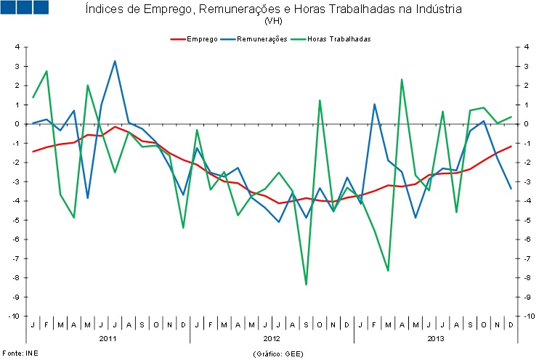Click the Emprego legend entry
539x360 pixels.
click(x=201, y=38)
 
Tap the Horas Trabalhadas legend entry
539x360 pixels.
click(x=338, y=38)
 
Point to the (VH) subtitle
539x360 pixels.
click(x=273, y=21)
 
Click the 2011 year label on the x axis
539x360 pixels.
click(x=108, y=338)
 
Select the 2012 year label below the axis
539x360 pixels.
click(x=272, y=338)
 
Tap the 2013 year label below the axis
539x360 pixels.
click(x=436, y=338)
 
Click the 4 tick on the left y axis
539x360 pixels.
click(x=17, y=47)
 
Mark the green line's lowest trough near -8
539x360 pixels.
click(x=306, y=285)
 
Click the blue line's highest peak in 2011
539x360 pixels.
click(x=115, y=61)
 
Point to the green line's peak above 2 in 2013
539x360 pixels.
click(x=402, y=79)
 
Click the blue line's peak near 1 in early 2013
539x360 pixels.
click(x=375, y=105)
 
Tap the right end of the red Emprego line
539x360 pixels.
click(x=511, y=146)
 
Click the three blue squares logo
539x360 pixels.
click(x=25, y=8)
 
